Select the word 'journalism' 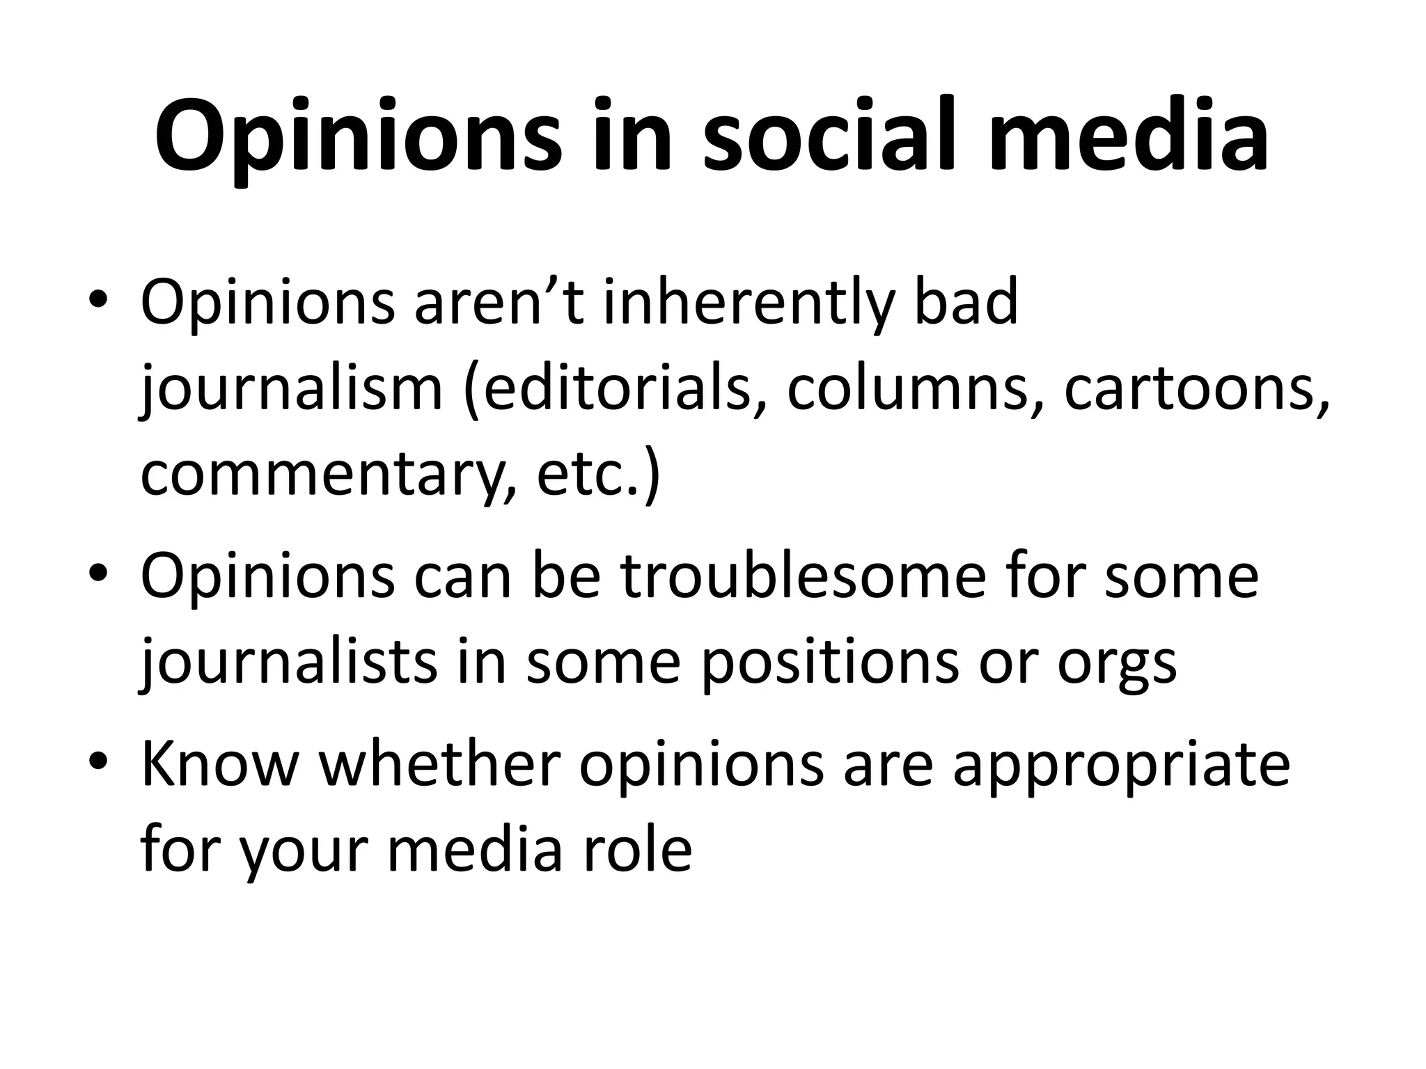coord(292,390)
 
